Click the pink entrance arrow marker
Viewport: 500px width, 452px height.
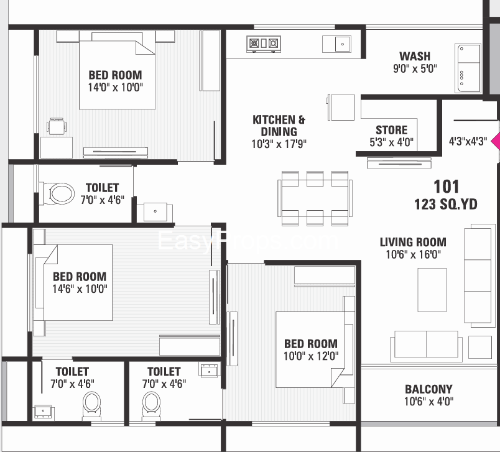pyautogui.click(x=496, y=141)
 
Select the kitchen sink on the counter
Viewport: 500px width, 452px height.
pyautogui.click(x=336, y=44)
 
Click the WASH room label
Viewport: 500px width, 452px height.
pyautogui.click(x=415, y=57)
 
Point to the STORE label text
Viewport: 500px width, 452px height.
pyautogui.click(x=392, y=130)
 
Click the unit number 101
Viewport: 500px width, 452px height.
pyautogui.click(x=446, y=187)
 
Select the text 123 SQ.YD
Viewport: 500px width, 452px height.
pyautogui.click(x=446, y=204)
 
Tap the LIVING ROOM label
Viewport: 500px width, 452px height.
pyautogui.click(x=413, y=242)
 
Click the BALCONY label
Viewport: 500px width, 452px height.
pyautogui.click(x=428, y=389)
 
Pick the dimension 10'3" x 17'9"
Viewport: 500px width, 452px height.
pyautogui.click(x=279, y=144)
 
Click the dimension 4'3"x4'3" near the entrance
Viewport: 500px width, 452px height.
pyautogui.click(x=468, y=141)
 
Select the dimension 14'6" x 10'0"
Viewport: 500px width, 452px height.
pyautogui.click(x=79, y=288)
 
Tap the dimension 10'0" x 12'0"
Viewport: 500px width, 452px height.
pyautogui.click(x=311, y=356)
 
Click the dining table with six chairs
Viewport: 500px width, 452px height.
pyautogui.click(x=313, y=198)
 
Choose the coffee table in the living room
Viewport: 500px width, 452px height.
pyautogui.click(x=432, y=289)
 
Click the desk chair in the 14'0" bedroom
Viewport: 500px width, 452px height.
pyautogui.click(x=57, y=127)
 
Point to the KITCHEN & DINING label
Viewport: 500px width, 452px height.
pyautogui.click(x=279, y=125)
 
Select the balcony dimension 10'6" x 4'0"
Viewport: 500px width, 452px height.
pyautogui.click(x=428, y=402)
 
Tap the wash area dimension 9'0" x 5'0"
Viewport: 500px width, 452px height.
pyautogui.click(x=415, y=69)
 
